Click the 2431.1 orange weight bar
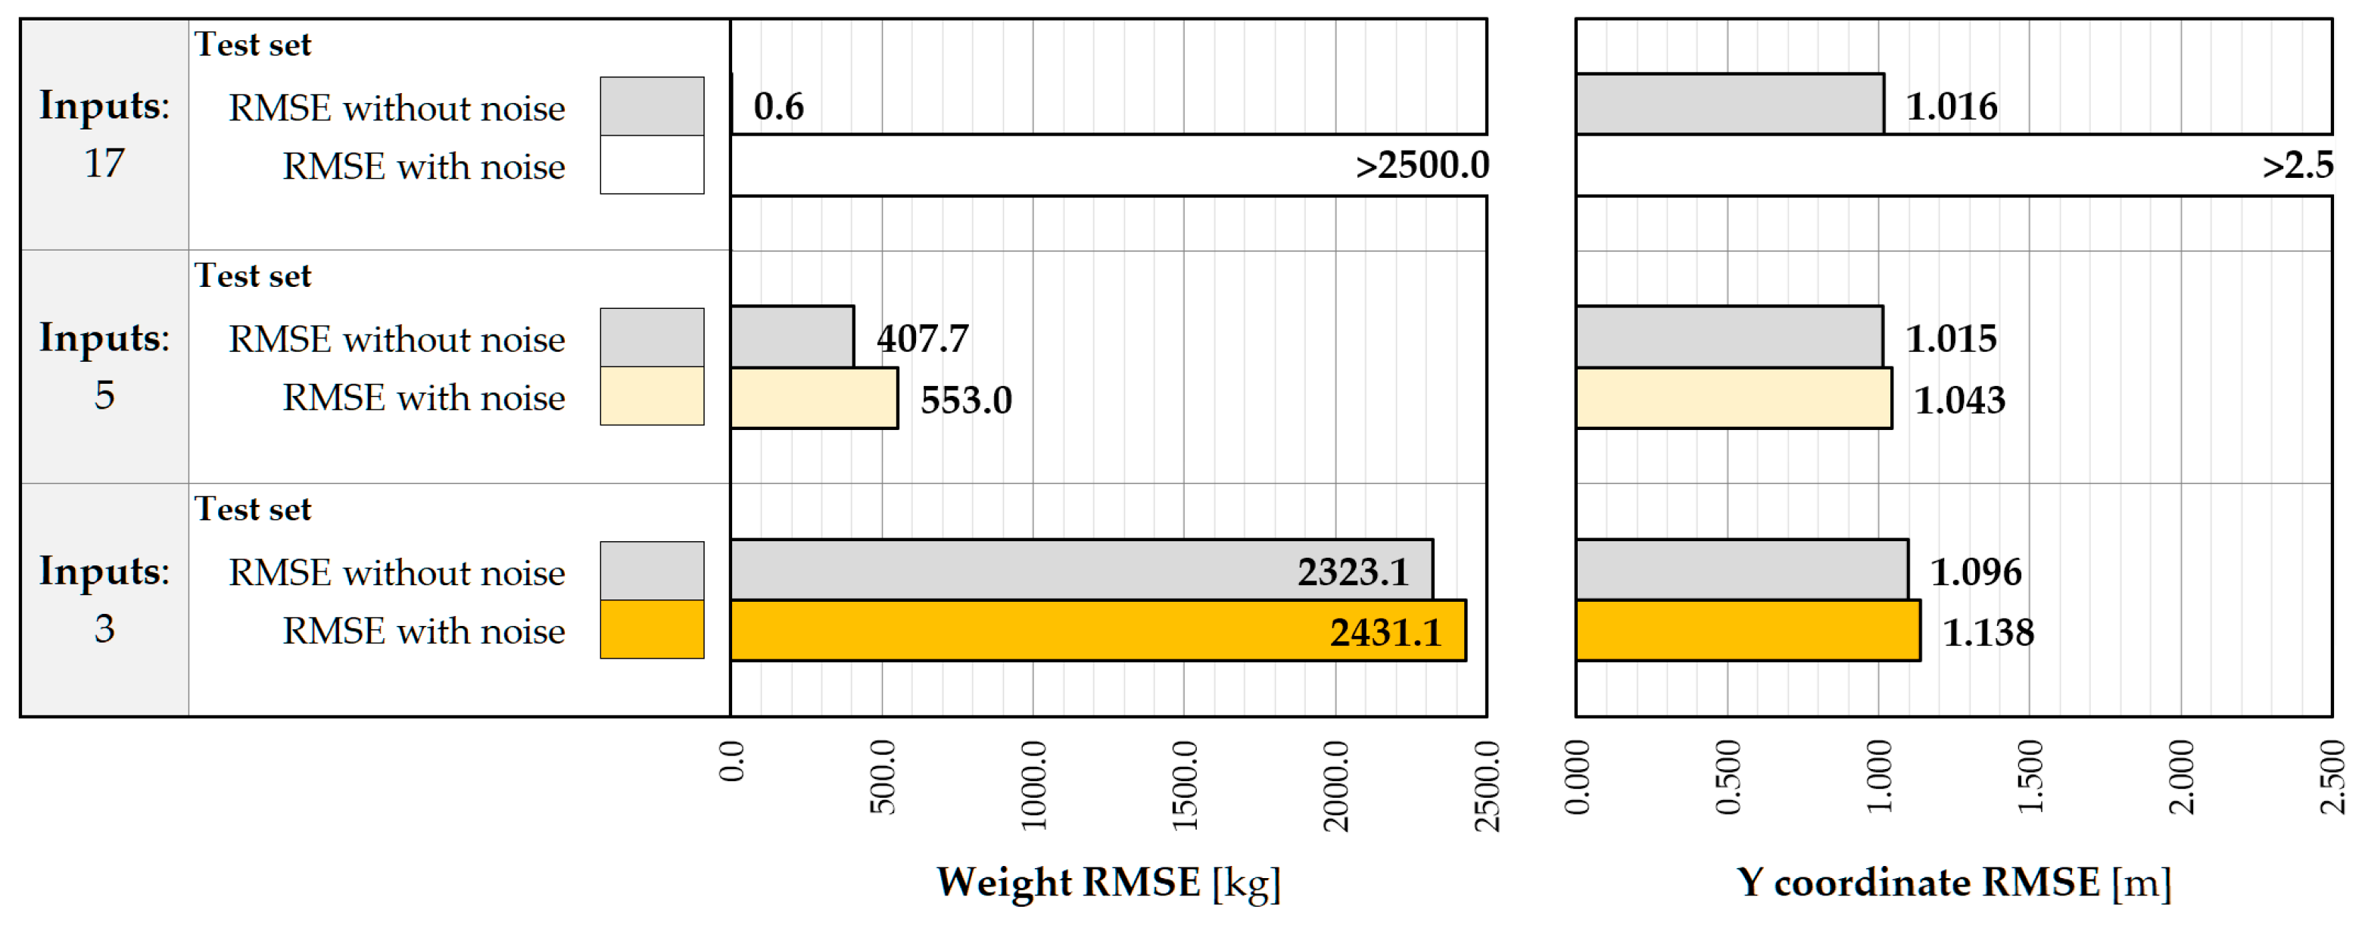click(x=1098, y=631)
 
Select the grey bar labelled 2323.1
click(x=1081, y=570)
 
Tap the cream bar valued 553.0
click(x=815, y=399)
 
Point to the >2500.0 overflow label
click(x=1422, y=166)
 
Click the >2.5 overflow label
click(x=2297, y=166)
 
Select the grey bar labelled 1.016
click(x=1729, y=104)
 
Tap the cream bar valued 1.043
click(x=1733, y=399)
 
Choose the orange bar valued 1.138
click(x=1748, y=631)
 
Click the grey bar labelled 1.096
click(x=1741, y=570)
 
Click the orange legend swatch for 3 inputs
click(x=652, y=630)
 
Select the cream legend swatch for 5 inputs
click(x=652, y=396)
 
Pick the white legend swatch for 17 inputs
click(x=652, y=165)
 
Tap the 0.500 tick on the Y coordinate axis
click(x=1728, y=777)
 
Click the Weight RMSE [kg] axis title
click(x=1108, y=883)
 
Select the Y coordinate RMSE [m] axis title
click(x=1953, y=883)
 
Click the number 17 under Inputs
click(x=104, y=164)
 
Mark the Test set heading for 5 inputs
click(x=253, y=276)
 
